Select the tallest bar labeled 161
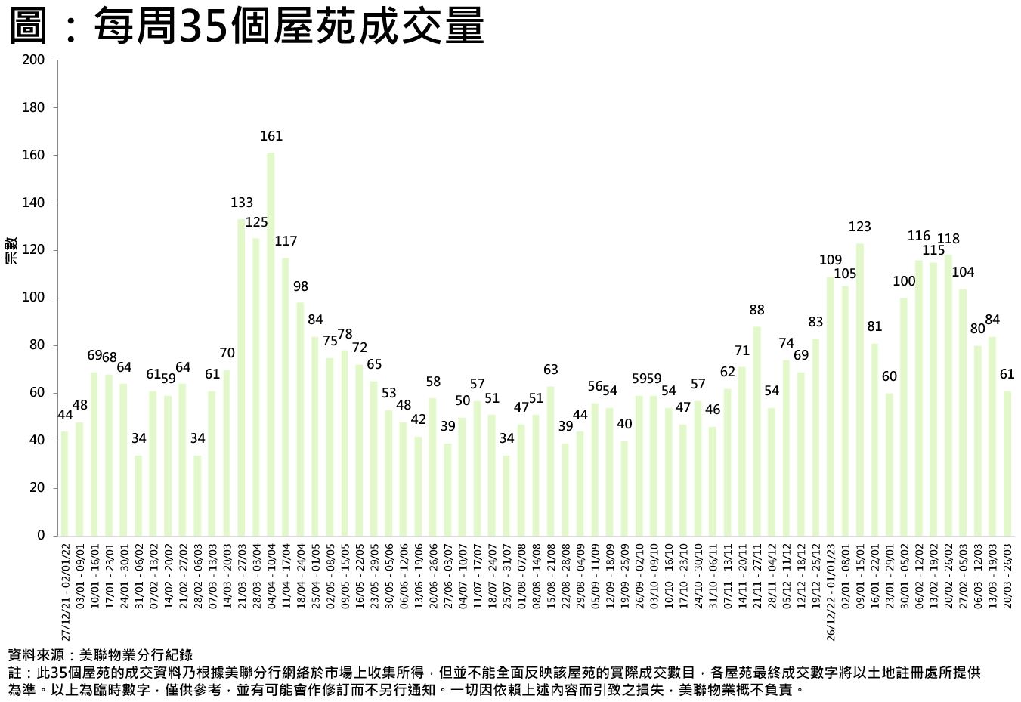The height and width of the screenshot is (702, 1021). click(x=271, y=344)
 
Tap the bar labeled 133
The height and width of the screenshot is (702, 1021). click(x=241, y=377)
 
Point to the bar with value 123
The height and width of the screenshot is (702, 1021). click(x=860, y=389)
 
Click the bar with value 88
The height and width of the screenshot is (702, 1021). click(x=756, y=431)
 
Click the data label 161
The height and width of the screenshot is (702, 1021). click(x=271, y=136)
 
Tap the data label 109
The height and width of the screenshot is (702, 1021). click(x=830, y=260)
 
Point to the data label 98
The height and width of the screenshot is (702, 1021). click(x=300, y=286)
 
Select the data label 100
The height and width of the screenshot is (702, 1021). click(x=904, y=281)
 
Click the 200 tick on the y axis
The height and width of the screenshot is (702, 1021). click(x=33, y=60)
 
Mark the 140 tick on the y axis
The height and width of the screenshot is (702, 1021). click(x=33, y=203)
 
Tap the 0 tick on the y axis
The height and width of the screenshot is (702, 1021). click(x=41, y=535)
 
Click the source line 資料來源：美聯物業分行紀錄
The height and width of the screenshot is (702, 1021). click(x=100, y=655)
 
